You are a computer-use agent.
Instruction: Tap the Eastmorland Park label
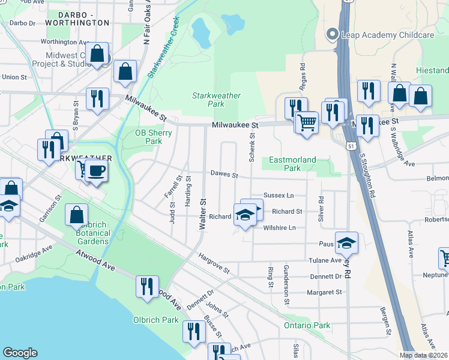coord(292,164)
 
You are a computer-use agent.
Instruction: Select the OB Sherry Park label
coord(148,137)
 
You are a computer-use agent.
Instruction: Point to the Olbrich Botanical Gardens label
coord(92,233)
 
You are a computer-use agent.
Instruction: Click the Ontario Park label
coord(307,325)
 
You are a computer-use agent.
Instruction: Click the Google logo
coord(20,353)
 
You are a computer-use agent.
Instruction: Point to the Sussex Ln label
coord(279,196)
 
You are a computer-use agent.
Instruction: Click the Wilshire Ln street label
coord(280,228)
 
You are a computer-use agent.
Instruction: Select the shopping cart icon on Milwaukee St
coord(307,123)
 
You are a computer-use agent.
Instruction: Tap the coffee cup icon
coord(95,171)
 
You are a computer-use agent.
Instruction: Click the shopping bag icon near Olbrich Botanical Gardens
coord(77,214)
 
